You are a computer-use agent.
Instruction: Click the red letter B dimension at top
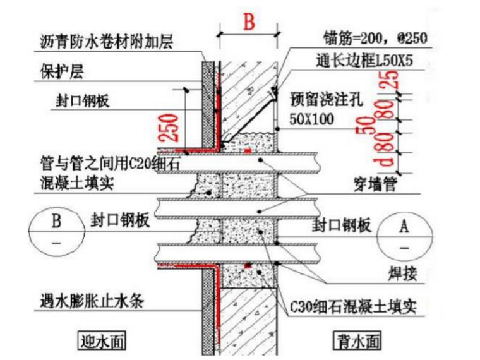(248, 23)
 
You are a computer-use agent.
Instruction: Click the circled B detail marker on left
(56, 232)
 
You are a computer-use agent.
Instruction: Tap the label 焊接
(398, 273)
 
